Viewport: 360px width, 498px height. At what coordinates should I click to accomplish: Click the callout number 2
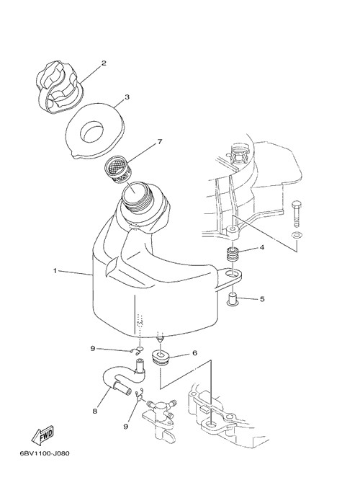104,63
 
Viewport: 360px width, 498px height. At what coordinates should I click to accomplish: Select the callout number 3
127,97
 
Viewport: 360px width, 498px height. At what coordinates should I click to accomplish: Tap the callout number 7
160,142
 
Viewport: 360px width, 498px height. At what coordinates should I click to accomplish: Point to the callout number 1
55,270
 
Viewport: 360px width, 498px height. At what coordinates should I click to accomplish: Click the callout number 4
262,247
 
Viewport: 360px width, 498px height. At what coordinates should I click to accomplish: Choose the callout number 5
262,299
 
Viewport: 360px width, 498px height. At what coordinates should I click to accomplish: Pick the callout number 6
194,353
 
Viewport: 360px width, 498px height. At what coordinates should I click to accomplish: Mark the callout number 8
94,412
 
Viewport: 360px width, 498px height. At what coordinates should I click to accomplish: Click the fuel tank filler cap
58,86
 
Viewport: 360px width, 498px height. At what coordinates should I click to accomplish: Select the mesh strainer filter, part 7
118,170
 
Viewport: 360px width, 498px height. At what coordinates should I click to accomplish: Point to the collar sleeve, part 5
233,300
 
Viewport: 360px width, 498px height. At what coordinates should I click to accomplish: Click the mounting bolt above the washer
296,214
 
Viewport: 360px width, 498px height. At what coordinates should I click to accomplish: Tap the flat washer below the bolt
297,236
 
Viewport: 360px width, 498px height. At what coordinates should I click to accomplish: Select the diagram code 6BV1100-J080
45,453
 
